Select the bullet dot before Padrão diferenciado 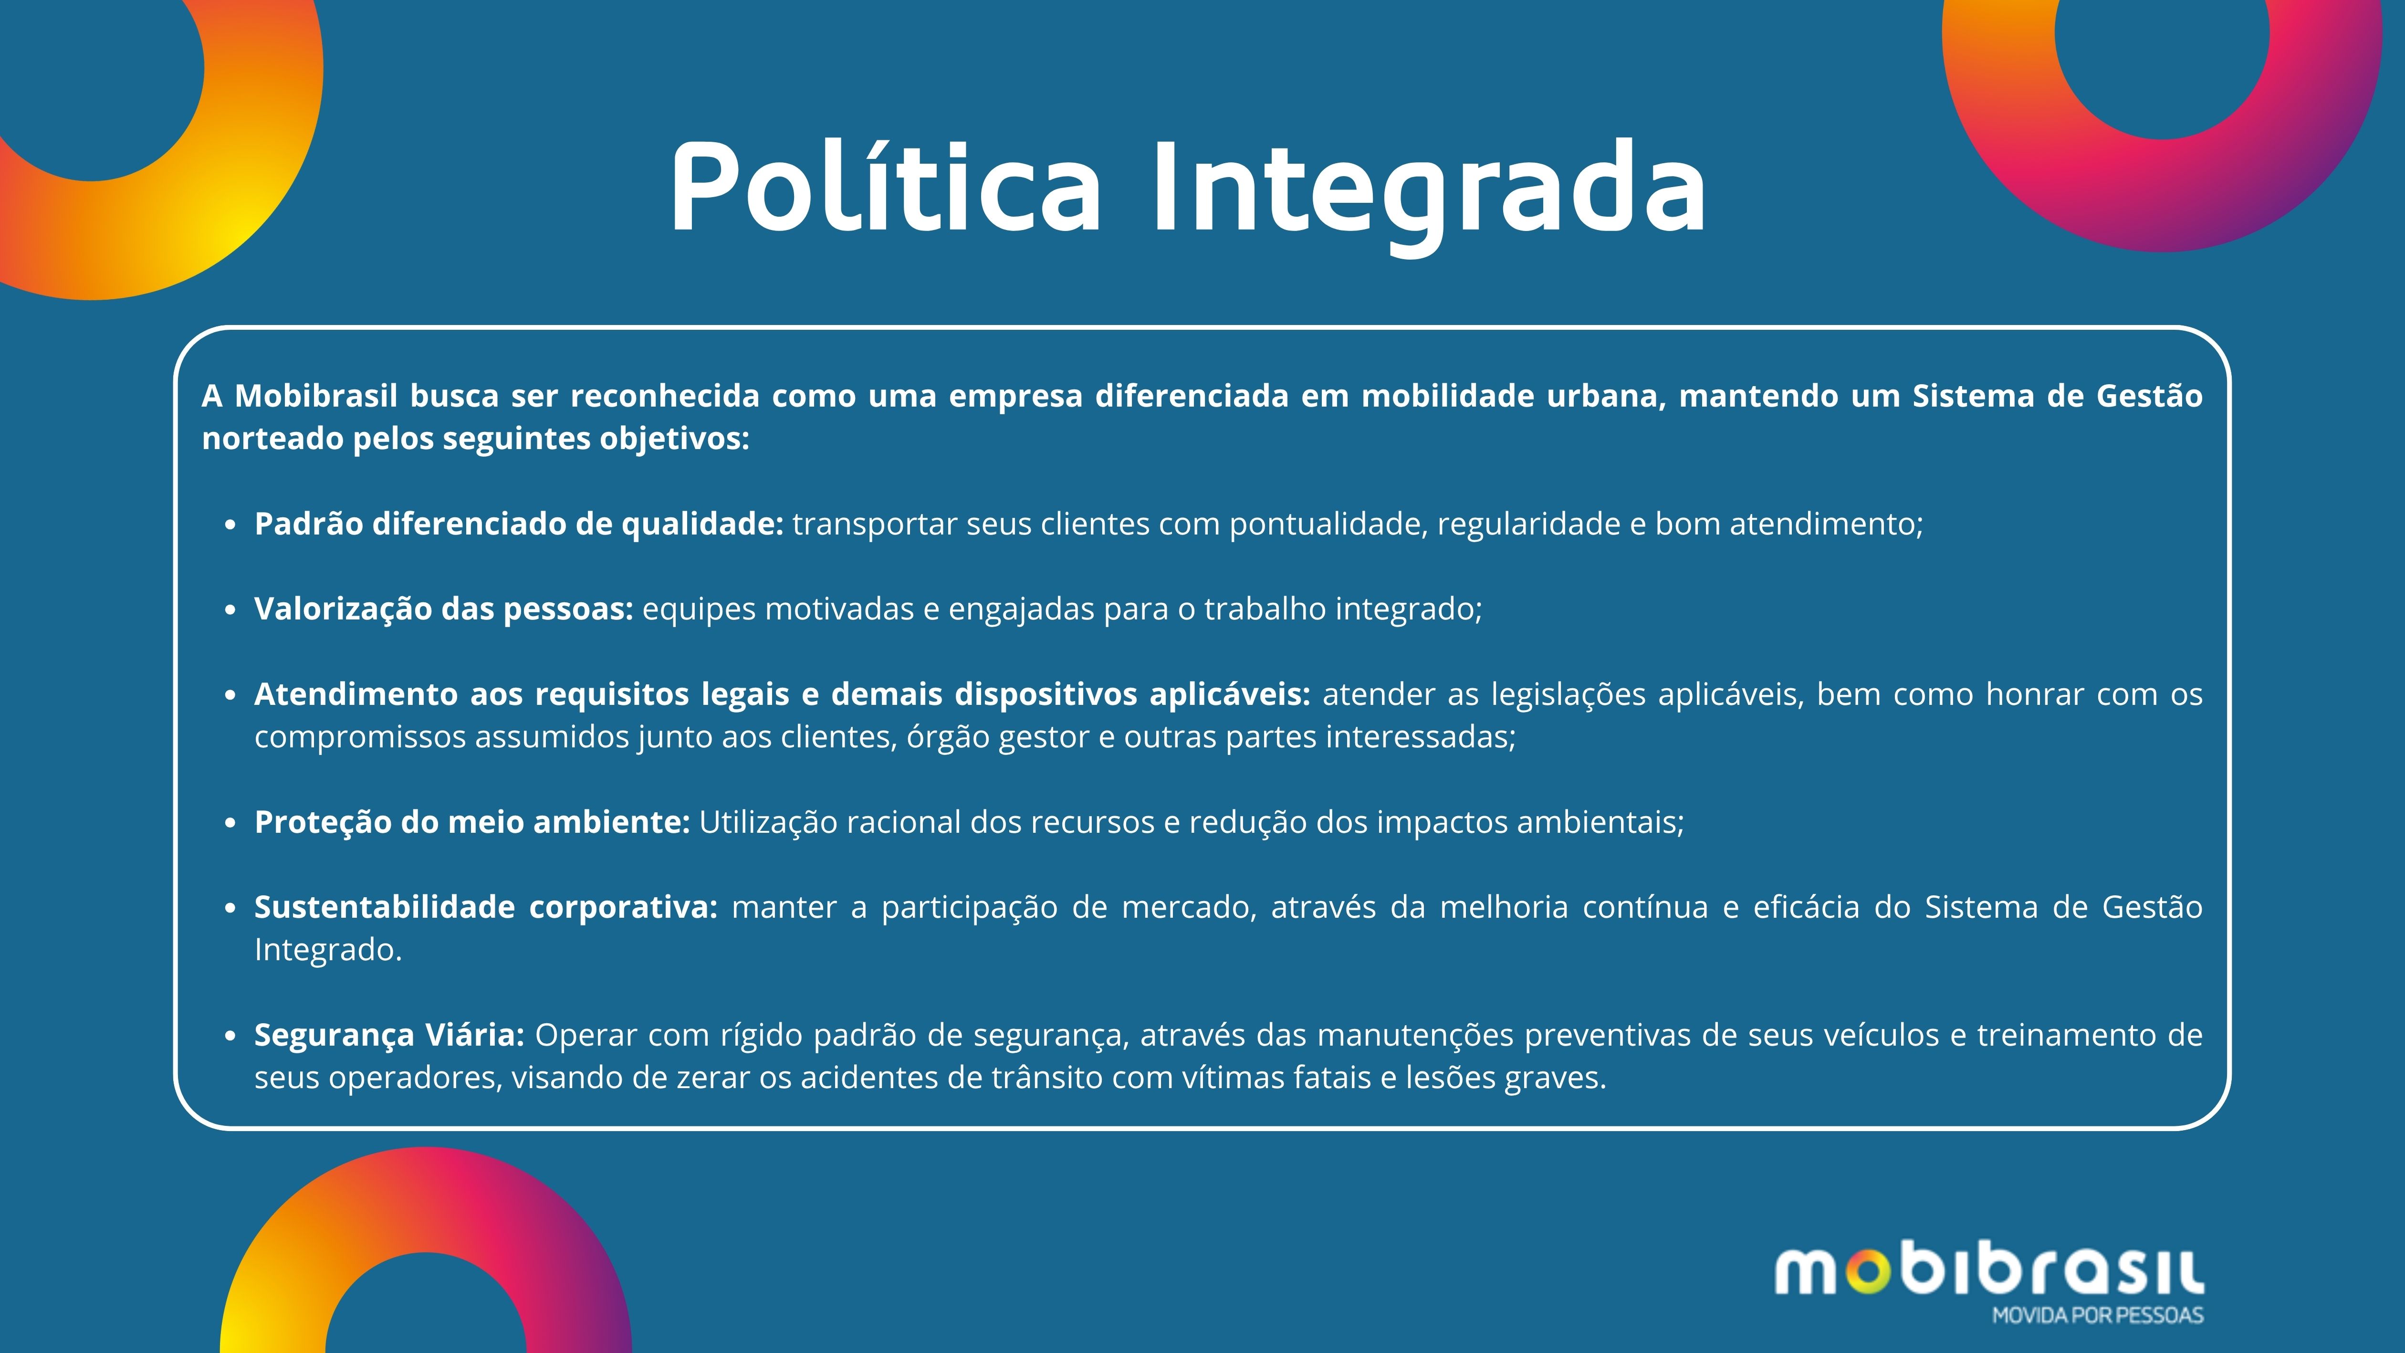[x=230, y=526]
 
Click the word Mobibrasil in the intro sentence [x=316, y=396]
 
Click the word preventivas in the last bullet [x=1617, y=1036]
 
